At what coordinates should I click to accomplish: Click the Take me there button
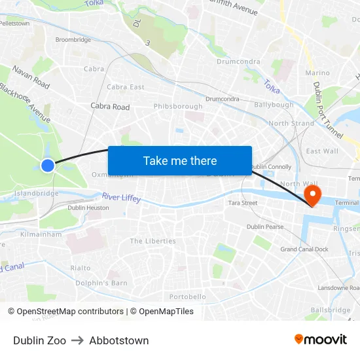[x=180, y=160]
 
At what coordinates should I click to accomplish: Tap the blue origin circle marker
[x=48, y=166]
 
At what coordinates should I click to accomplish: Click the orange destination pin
[x=312, y=194]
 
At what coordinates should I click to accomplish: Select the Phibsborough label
[x=178, y=106]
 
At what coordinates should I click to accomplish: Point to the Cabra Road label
[x=110, y=107]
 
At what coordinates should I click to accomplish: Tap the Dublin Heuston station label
[x=88, y=207]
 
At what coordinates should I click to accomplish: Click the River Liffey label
[x=121, y=197]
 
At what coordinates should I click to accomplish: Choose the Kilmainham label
[x=41, y=234]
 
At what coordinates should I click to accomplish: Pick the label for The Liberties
[x=153, y=241]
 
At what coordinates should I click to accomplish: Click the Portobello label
[x=188, y=297]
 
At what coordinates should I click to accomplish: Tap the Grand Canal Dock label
[x=304, y=249]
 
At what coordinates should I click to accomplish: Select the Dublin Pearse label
[x=265, y=226]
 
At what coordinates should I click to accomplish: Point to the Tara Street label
[x=242, y=203]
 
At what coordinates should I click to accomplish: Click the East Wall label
[x=322, y=151]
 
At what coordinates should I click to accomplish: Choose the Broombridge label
[x=73, y=39]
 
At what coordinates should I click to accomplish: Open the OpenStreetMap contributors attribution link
[x=70, y=312]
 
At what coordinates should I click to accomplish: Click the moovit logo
[x=320, y=340]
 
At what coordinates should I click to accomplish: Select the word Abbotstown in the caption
[x=119, y=340]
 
